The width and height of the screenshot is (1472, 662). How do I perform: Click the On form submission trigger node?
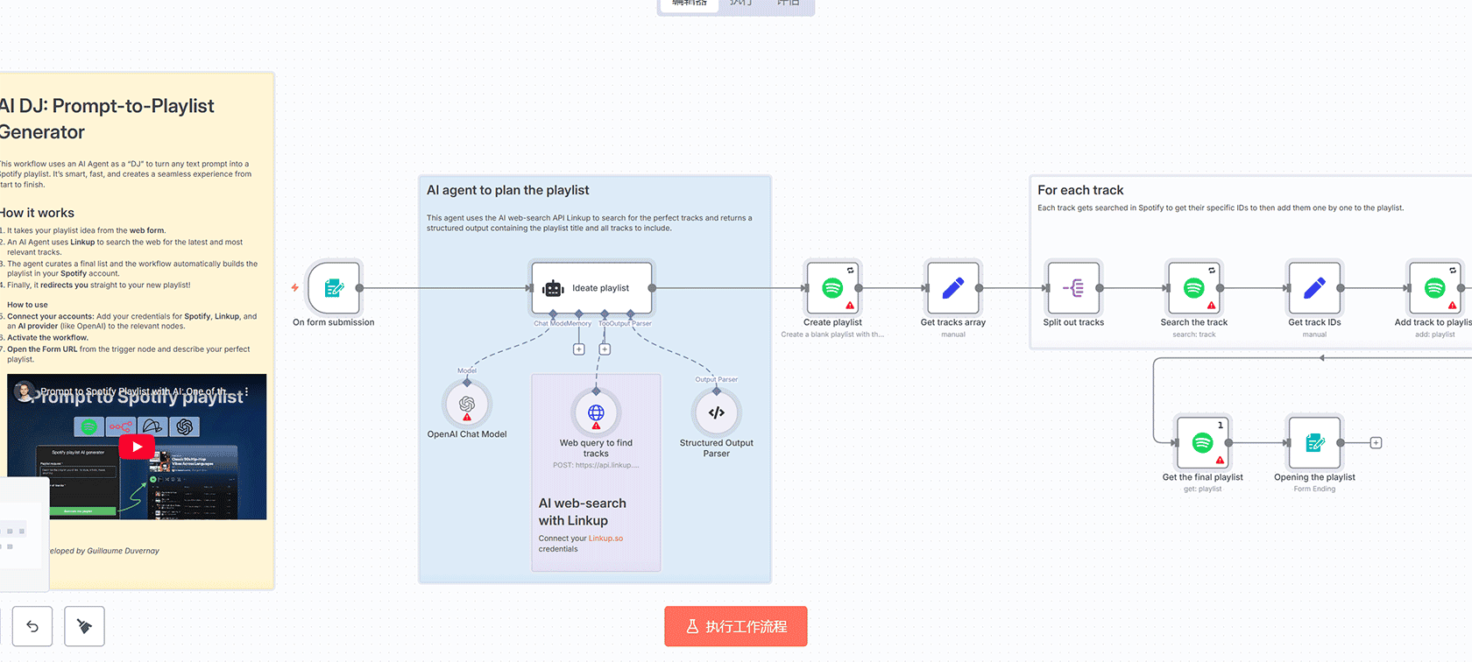pyautogui.click(x=334, y=288)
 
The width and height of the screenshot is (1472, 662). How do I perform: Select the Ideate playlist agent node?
pyautogui.click(x=591, y=288)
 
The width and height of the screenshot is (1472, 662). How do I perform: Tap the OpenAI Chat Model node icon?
pyautogui.click(x=467, y=405)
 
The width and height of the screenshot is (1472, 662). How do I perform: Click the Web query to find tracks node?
pyautogui.click(x=596, y=413)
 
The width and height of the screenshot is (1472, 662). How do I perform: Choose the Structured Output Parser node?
pyautogui.click(x=717, y=413)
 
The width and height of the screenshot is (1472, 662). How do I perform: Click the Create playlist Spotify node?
pyautogui.click(x=832, y=288)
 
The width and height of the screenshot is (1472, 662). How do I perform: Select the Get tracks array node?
pyautogui.click(x=952, y=288)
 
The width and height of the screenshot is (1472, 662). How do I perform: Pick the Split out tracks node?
pyautogui.click(x=1073, y=288)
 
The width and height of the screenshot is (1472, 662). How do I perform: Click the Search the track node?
pyautogui.click(x=1193, y=288)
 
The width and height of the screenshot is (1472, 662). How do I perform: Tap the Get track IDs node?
pyautogui.click(x=1314, y=288)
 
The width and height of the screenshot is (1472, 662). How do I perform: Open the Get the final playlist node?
pyautogui.click(x=1202, y=443)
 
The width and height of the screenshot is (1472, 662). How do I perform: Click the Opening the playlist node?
pyautogui.click(x=1314, y=443)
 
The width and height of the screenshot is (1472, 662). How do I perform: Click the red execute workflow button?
pyautogui.click(x=735, y=627)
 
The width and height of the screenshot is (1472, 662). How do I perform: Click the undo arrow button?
pyautogui.click(x=32, y=626)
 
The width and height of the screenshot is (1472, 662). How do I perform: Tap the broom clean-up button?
pyautogui.click(x=84, y=626)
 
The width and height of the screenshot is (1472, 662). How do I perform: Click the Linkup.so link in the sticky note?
pyautogui.click(x=605, y=539)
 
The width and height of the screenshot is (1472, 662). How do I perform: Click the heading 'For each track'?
pyautogui.click(x=1080, y=190)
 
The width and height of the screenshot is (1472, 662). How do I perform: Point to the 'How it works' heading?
pyautogui.click(x=38, y=213)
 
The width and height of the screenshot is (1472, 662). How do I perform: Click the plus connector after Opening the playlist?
pyautogui.click(x=1376, y=443)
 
